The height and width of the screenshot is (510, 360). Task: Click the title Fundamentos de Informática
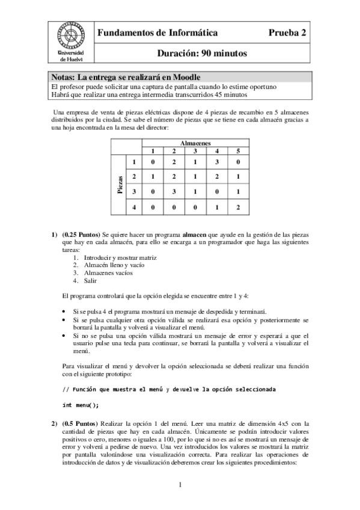coord(157,33)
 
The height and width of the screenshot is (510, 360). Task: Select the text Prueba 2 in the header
coord(287,33)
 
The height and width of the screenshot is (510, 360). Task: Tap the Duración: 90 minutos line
coord(201,53)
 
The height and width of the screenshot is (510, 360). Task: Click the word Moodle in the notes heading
coord(184,78)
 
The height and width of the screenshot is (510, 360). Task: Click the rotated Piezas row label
coord(120,184)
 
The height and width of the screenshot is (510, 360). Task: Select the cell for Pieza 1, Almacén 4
coord(216,162)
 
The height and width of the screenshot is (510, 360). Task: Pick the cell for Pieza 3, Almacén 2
coord(174,192)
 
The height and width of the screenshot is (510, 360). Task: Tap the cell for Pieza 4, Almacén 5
coord(238,207)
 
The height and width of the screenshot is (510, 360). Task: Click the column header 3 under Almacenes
coord(195,150)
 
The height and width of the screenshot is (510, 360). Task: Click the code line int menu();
coord(81,405)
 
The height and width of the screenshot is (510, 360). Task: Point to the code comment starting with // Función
coord(169,389)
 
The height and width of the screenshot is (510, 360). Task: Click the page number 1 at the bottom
coord(180,485)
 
